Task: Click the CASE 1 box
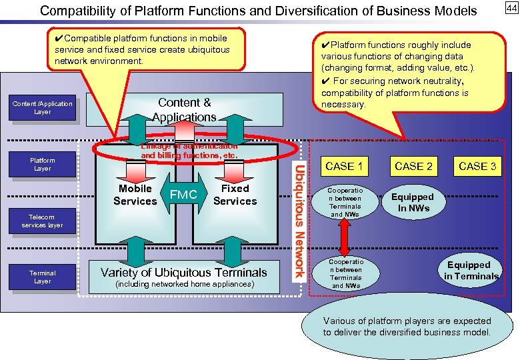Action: pyautogui.click(x=344, y=165)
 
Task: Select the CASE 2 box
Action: pyautogui.click(x=413, y=165)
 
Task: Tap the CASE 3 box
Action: pyautogui.click(x=477, y=165)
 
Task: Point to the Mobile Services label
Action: pyautogui.click(x=135, y=195)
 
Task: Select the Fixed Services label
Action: pyautogui.click(x=235, y=195)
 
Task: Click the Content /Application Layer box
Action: pyautogui.click(x=42, y=108)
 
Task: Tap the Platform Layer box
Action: pyautogui.click(x=42, y=164)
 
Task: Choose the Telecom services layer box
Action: pyautogui.click(x=42, y=221)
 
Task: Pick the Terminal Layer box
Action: pyautogui.click(x=42, y=277)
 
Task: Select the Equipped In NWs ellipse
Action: pyautogui.click(x=412, y=203)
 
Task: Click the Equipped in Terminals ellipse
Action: pyautogui.click(x=471, y=271)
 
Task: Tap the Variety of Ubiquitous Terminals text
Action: pyautogui.click(x=183, y=272)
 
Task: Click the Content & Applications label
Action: pyautogui.click(x=184, y=109)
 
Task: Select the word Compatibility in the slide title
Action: pyautogui.click(x=75, y=11)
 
